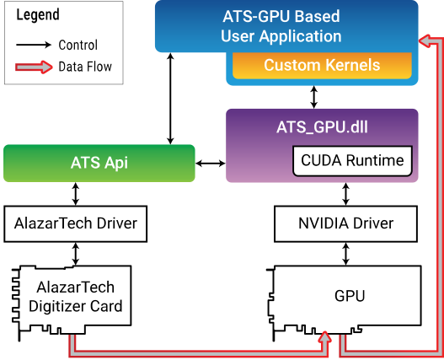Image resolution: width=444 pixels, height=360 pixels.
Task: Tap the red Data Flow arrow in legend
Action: (x=33, y=66)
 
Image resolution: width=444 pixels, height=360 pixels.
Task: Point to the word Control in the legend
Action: (x=78, y=45)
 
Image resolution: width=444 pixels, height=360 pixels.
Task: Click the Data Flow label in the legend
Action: (x=84, y=66)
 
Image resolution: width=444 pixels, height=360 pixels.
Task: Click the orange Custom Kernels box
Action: (x=322, y=65)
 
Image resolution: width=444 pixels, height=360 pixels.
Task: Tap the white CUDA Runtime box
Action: (x=351, y=159)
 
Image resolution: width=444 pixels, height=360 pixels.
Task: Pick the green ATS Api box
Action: (x=99, y=163)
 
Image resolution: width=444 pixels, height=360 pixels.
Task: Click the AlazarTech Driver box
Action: (x=75, y=224)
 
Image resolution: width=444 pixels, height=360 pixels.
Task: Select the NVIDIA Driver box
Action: (x=345, y=224)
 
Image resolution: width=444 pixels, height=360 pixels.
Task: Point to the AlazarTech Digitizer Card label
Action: (x=76, y=296)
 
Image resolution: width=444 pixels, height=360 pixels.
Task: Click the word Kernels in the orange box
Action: (x=350, y=65)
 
